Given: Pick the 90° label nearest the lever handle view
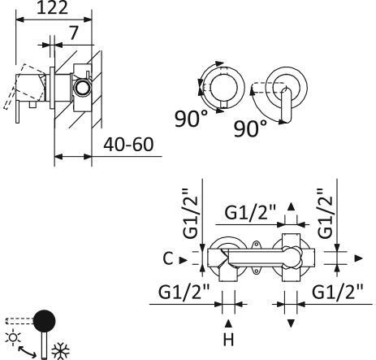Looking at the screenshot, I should point(251,128).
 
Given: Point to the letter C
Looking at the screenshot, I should point(166,259).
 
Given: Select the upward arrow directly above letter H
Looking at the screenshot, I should point(228,323).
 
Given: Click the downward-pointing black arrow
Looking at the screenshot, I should point(291,323).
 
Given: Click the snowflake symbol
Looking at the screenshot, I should point(60,350).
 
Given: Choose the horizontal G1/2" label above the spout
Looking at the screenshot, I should point(251,214).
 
